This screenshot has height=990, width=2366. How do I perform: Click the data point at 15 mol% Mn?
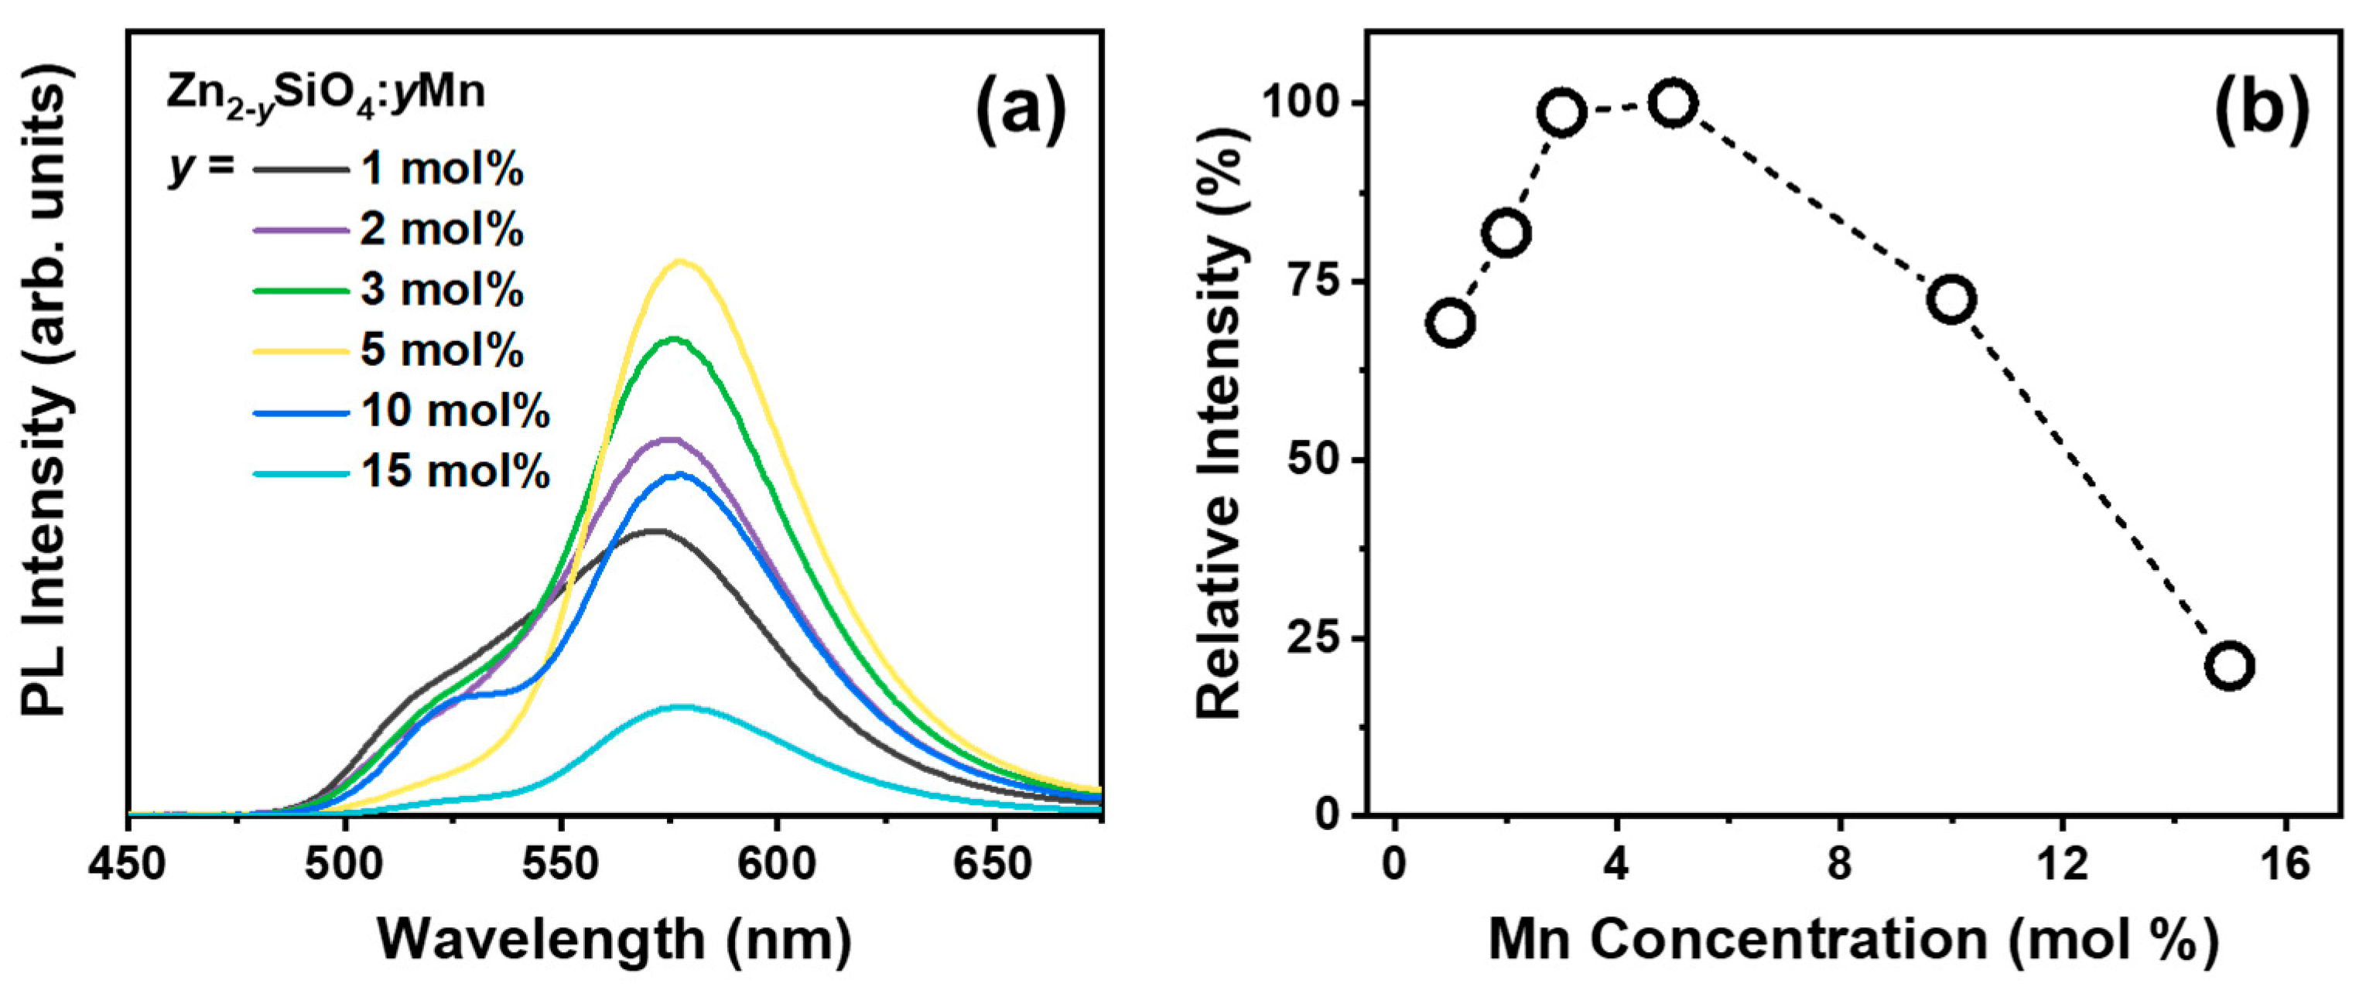[2229, 666]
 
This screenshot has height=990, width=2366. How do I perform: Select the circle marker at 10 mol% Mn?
[1951, 299]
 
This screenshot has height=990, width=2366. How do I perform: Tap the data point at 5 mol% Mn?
[1673, 104]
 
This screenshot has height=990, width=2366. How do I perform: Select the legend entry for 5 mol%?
[442, 350]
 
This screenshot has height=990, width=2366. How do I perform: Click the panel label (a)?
[1021, 112]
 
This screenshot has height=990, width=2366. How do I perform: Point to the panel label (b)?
[2262, 112]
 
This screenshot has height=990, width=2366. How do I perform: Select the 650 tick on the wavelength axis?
[992, 864]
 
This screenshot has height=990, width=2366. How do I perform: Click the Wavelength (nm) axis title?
[614, 940]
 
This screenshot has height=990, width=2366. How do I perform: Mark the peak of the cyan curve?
[681, 706]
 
